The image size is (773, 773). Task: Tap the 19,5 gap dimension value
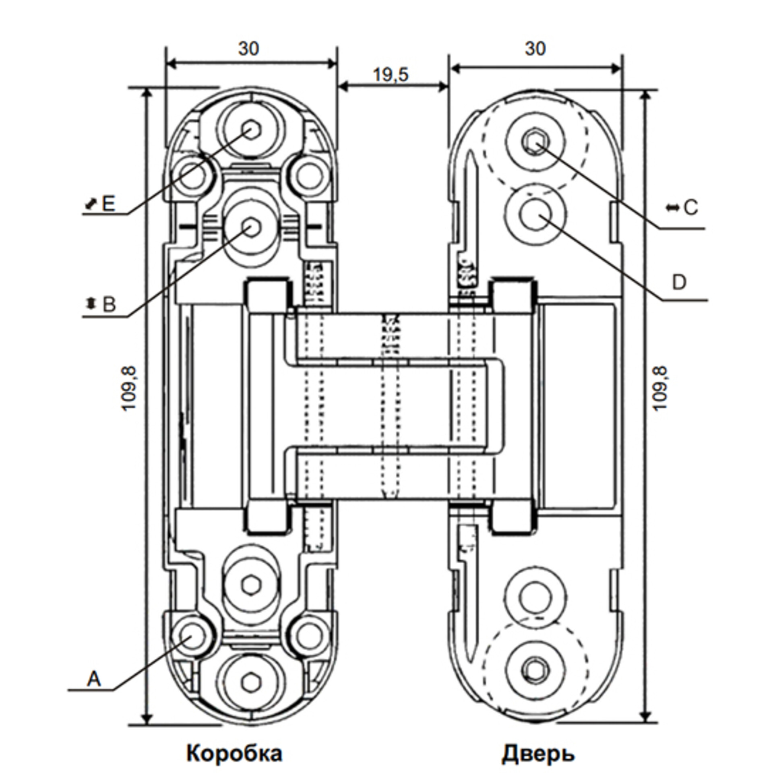(x=391, y=75)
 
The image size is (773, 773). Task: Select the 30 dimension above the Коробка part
(x=249, y=49)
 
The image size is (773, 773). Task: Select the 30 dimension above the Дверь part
(x=535, y=49)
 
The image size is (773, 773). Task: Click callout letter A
(x=94, y=679)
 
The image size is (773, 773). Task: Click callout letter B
(x=109, y=305)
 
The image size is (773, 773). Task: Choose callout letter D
(x=679, y=283)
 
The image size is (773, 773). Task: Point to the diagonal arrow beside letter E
(x=91, y=205)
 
